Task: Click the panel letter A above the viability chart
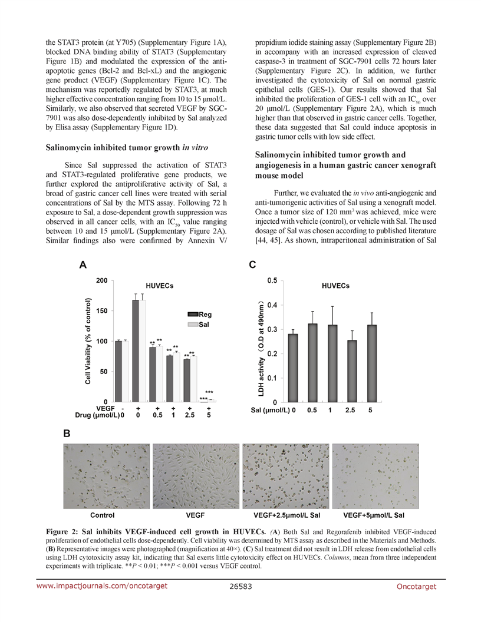tap(83, 266)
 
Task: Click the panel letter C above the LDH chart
tap(252, 266)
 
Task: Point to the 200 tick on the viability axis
tap(102, 280)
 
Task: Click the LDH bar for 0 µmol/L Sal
tap(293, 368)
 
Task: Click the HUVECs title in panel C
tap(335, 286)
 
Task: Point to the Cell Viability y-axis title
tap(88, 342)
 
